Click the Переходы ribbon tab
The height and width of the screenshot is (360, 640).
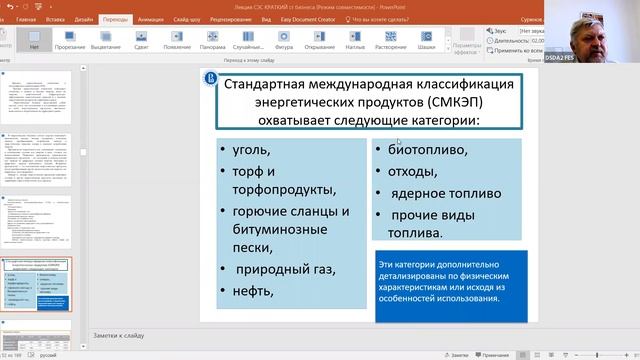tap(114, 18)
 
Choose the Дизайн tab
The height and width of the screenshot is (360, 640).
tap(84, 18)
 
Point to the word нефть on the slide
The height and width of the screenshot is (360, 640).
tap(255, 291)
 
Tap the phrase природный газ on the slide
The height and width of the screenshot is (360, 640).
tap(284, 269)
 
